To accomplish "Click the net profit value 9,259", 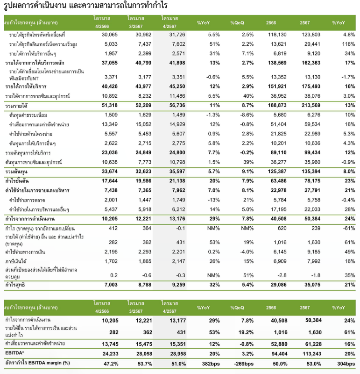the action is click(x=178, y=285).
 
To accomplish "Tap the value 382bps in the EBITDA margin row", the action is click(x=211, y=364).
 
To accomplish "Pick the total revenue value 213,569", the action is click(x=311, y=105).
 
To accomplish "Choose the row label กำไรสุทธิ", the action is click(x=15, y=285).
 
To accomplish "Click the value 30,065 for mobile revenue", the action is click(x=110, y=35).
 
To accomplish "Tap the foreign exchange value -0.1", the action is click(x=181, y=228).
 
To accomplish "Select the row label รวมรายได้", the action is click(x=16, y=106).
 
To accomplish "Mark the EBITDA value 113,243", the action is click(x=312, y=354).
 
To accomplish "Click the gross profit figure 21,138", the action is click(x=177, y=181).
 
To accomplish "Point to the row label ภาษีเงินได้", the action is click(x=16, y=261).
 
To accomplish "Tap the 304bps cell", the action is click(x=346, y=364).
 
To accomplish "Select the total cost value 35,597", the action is click(x=177, y=171).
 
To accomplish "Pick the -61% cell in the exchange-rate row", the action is click(x=349, y=228).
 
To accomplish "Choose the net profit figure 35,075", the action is click(x=312, y=285).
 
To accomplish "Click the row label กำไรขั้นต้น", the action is click(x=17, y=181).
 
